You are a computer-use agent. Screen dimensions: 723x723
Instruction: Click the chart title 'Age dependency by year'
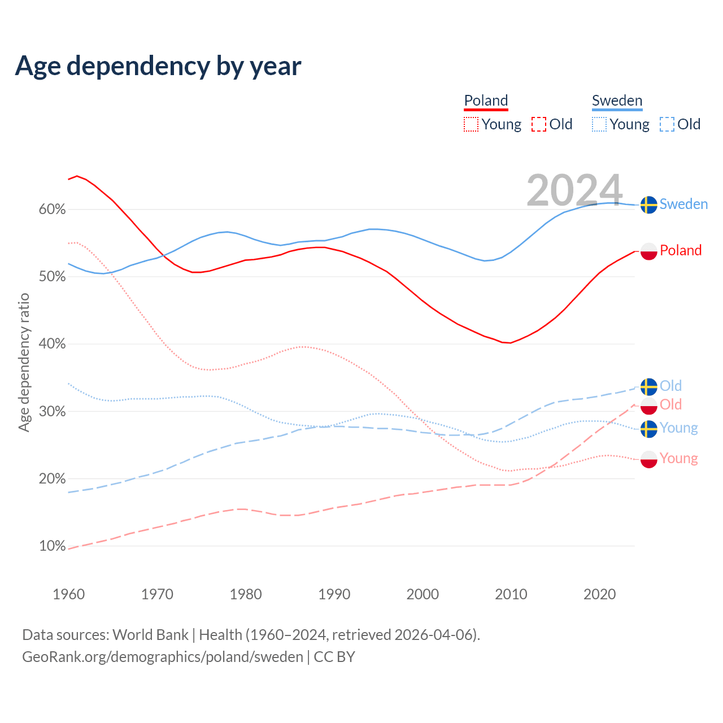tap(158, 66)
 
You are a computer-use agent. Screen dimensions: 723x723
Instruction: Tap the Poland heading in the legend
tap(486, 101)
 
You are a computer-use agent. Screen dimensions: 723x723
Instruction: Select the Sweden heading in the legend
tap(617, 101)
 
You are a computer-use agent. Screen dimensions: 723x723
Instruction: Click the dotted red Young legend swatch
tap(471, 124)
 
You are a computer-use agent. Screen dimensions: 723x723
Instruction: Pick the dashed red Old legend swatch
tap(539, 124)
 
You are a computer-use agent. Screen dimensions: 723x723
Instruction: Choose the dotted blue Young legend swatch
tap(599, 124)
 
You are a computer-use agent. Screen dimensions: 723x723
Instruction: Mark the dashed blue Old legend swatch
tap(667, 124)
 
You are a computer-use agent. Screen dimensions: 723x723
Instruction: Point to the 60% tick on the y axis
tap(52, 210)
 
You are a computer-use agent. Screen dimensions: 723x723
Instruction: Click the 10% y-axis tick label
tap(52, 546)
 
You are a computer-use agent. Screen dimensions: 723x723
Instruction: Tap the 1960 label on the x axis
tap(68, 594)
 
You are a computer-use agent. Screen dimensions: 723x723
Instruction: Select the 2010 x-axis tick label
tap(511, 594)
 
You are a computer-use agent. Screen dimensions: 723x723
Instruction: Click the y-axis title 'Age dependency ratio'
tap(24, 362)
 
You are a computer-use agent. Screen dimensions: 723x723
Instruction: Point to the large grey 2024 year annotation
tap(574, 190)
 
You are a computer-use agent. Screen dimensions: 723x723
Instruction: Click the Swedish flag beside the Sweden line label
tap(649, 204)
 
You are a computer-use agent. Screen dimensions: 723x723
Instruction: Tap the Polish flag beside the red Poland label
tap(649, 251)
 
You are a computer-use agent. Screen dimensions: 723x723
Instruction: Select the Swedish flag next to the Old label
tap(649, 386)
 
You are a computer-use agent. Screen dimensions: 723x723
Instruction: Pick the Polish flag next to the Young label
tap(649, 459)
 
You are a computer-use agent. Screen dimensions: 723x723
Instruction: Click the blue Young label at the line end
tap(679, 428)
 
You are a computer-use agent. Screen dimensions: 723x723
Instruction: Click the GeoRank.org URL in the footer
tap(163, 657)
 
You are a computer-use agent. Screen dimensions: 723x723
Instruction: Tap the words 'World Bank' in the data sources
tap(150, 635)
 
